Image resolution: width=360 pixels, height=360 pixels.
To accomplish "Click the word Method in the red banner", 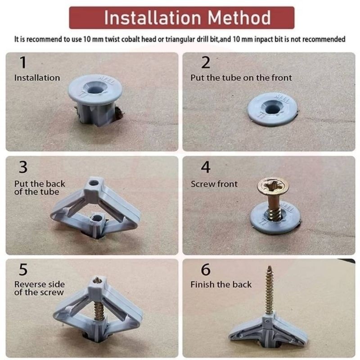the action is [x=239, y=18].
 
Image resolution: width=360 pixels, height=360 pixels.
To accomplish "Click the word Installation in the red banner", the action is [x=153, y=18].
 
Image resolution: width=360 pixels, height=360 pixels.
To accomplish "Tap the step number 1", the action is [x=23, y=62].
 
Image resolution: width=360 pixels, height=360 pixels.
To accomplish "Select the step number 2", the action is [x=206, y=62].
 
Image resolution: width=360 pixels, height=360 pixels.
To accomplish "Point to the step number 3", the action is [x=23, y=167].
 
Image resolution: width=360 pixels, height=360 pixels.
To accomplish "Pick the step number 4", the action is [x=206, y=167].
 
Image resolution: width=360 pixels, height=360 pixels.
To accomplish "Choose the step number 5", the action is [x=23, y=269].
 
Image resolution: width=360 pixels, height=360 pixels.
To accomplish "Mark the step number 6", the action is [x=206, y=269].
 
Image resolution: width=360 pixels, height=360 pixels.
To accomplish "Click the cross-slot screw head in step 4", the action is [x=273, y=185].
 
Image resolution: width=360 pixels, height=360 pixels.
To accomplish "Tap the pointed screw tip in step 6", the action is [x=270, y=267].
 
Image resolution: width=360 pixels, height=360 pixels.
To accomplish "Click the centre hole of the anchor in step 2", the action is [x=272, y=109].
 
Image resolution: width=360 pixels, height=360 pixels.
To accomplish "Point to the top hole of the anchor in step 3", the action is [x=94, y=183].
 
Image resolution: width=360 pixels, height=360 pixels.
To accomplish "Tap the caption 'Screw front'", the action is [x=214, y=184].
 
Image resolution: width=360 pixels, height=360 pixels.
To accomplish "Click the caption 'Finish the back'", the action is [x=221, y=284].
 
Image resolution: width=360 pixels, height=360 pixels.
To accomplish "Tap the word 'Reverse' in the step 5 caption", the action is [x=29, y=284].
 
